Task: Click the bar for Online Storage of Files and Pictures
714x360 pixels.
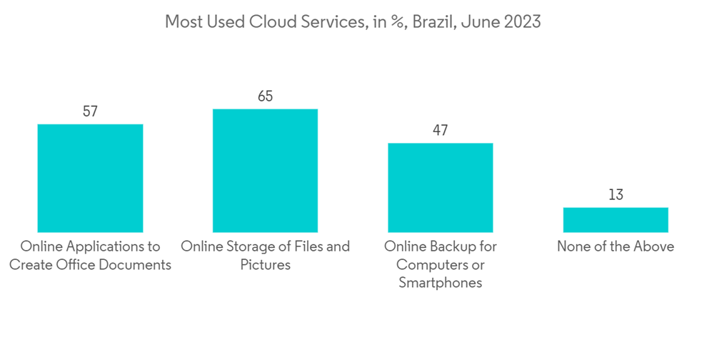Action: pyautogui.click(x=265, y=171)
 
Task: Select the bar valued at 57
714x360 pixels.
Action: pyautogui.click(x=90, y=178)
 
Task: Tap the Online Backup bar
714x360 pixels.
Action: pyautogui.click(x=440, y=187)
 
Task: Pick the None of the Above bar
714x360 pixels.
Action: pyautogui.click(x=615, y=220)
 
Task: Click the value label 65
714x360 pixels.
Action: pyautogui.click(x=265, y=96)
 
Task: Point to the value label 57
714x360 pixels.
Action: pyautogui.click(x=90, y=111)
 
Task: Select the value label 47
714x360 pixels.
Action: pyautogui.click(x=440, y=130)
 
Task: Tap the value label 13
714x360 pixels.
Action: pyautogui.click(x=615, y=194)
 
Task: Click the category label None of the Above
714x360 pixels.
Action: pyautogui.click(x=615, y=246)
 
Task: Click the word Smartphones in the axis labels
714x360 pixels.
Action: pyautogui.click(x=440, y=283)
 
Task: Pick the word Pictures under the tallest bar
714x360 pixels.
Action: pyautogui.click(x=265, y=265)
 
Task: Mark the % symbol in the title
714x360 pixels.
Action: pyautogui.click(x=393, y=22)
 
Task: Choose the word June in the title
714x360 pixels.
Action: pyautogui.click(x=476, y=22)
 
